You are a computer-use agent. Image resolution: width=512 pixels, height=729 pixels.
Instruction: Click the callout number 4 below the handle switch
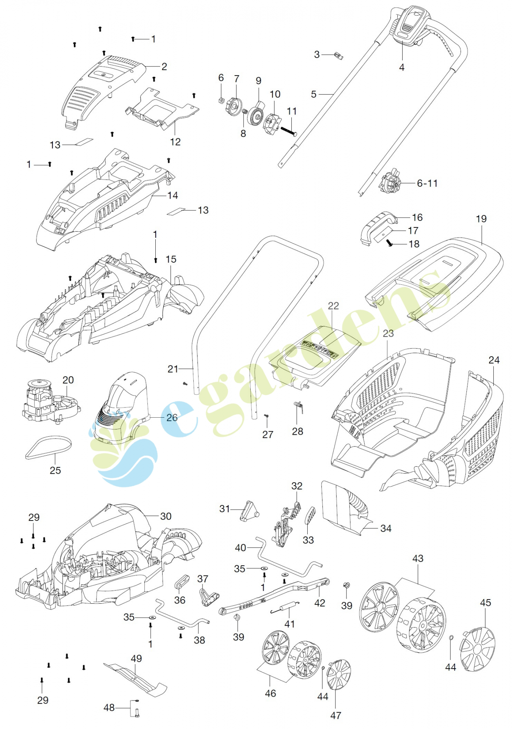pyautogui.click(x=401, y=68)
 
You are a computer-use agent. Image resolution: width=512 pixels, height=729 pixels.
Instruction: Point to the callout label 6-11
pyautogui.click(x=427, y=183)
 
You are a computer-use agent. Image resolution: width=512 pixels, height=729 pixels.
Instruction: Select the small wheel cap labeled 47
pyautogui.click(x=338, y=674)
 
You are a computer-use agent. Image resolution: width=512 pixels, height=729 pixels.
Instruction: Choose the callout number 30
pyautogui.click(x=166, y=516)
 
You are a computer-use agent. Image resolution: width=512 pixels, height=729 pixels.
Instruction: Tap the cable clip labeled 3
pyautogui.click(x=338, y=56)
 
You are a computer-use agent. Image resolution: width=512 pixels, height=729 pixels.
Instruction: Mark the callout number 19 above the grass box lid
pyautogui.click(x=481, y=219)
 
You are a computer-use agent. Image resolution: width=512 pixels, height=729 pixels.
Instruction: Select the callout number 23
pyautogui.click(x=388, y=333)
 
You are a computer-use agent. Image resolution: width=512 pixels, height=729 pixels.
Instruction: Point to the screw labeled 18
pyautogui.click(x=389, y=243)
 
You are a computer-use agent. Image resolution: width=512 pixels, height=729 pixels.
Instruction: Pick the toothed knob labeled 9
pyautogui.click(x=256, y=114)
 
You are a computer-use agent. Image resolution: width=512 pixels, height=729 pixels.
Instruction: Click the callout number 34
pyautogui.click(x=386, y=529)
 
